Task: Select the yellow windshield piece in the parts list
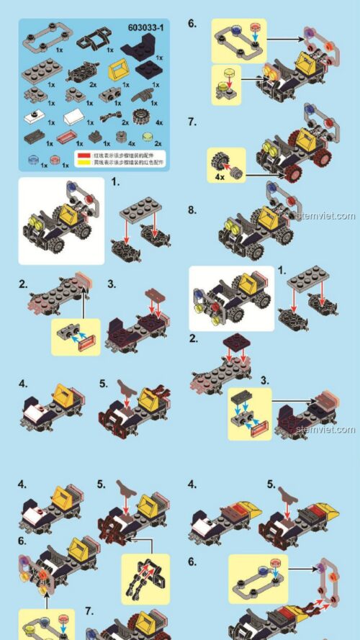tap(118, 71)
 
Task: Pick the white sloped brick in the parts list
tap(74, 115)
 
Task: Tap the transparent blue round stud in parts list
tap(33, 158)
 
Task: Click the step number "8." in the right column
tap(192, 210)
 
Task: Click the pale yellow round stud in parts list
tap(149, 137)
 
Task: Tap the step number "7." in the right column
tap(192, 122)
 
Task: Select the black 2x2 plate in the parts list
tap(149, 71)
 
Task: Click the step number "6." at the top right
tap(192, 23)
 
